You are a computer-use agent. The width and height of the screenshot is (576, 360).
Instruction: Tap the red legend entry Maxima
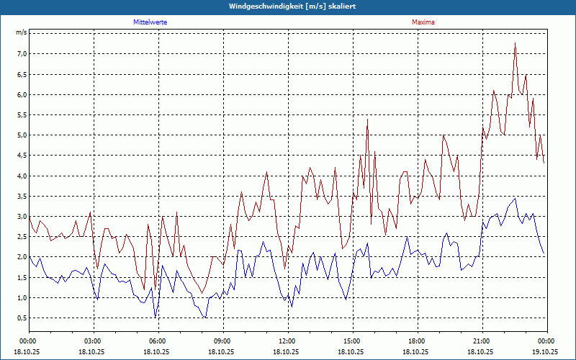pyautogui.click(x=423, y=22)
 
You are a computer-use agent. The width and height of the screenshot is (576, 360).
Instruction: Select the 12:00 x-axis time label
pyautogui.click(x=287, y=341)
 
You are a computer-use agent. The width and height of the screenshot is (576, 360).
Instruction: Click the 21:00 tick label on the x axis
pyautogui.click(x=482, y=341)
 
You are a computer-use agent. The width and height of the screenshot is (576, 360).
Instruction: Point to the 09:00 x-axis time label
pyautogui.click(x=222, y=341)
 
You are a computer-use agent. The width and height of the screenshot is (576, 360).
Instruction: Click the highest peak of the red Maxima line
pyautogui.click(x=516, y=45)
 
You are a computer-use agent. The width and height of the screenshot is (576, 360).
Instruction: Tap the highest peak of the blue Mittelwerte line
pyautogui.click(x=515, y=198)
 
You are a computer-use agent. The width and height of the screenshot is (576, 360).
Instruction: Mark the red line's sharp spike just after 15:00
pyautogui.click(x=367, y=120)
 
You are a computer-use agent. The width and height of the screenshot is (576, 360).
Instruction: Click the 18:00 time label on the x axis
pyautogui.click(x=417, y=341)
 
